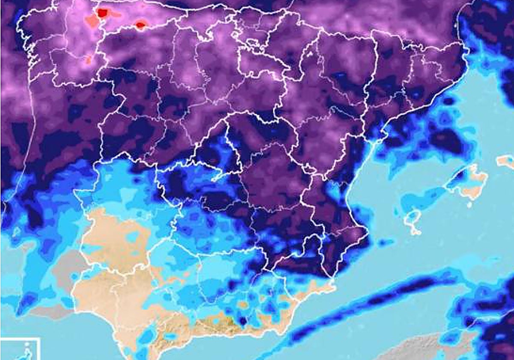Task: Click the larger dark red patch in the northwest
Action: (102, 13)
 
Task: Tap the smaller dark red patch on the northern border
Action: (140, 26)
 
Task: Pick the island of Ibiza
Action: (412, 219)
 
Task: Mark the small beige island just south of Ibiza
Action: (415, 232)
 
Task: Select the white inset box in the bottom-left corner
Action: (19, 349)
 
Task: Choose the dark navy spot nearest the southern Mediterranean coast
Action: (243, 321)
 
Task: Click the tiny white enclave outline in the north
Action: (308, 54)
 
